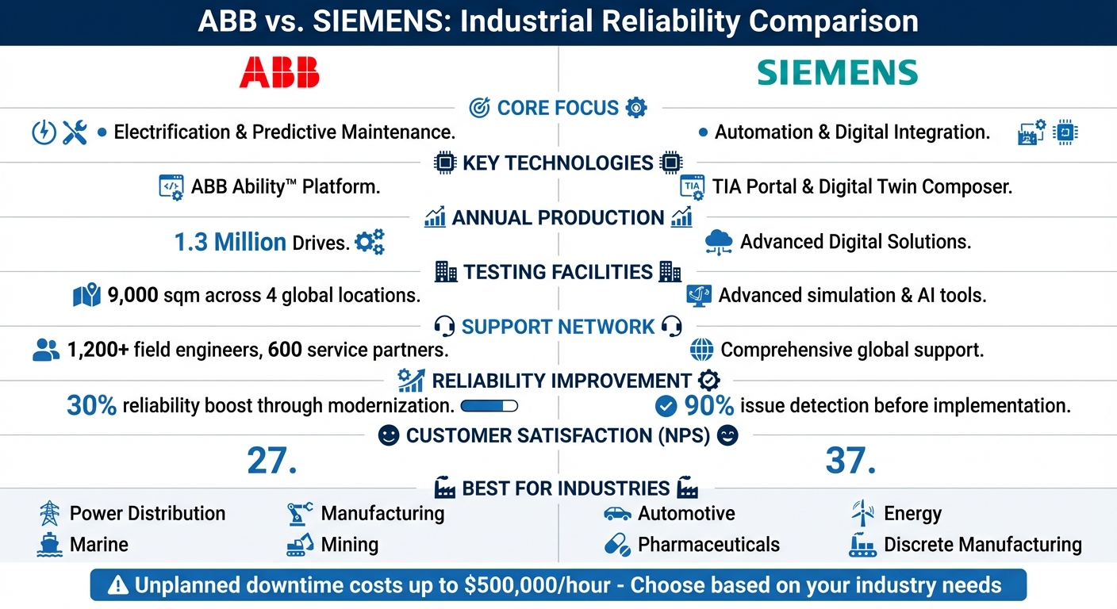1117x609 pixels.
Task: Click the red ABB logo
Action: (279, 72)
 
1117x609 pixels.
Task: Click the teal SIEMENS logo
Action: (837, 72)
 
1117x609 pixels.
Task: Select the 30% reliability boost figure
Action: (92, 406)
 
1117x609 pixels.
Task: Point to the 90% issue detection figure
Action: (708, 406)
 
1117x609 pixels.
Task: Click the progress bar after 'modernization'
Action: (489, 406)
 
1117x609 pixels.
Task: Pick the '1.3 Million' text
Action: (230, 242)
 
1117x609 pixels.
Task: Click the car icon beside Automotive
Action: (617, 514)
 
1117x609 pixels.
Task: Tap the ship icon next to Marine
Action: (50, 545)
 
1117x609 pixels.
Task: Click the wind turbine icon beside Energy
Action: (862, 514)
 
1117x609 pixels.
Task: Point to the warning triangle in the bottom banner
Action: (117, 586)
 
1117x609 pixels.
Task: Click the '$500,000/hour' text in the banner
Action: (535, 586)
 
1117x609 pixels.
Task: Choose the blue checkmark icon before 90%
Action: (666, 406)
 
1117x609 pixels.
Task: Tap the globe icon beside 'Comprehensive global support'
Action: (701, 350)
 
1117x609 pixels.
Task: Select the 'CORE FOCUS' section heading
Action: (558, 108)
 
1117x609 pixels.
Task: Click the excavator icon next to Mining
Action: (300, 545)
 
